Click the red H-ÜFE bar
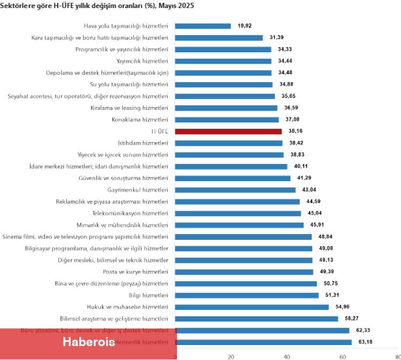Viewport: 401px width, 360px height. tap(228, 131)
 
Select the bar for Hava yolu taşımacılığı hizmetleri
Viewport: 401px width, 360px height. tap(203, 26)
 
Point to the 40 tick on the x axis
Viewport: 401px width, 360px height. tap(287, 356)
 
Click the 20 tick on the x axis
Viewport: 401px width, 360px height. tap(231, 356)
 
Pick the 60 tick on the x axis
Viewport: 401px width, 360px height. tap(342, 356)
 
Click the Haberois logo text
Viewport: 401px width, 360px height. tap(89, 342)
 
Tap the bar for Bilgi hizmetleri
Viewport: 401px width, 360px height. tap(247, 295)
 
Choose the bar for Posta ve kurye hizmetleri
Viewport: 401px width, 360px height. tap(244, 272)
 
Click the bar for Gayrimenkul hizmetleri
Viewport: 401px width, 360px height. tap(235, 190)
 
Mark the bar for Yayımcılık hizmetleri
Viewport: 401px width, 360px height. tap(223, 61)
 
